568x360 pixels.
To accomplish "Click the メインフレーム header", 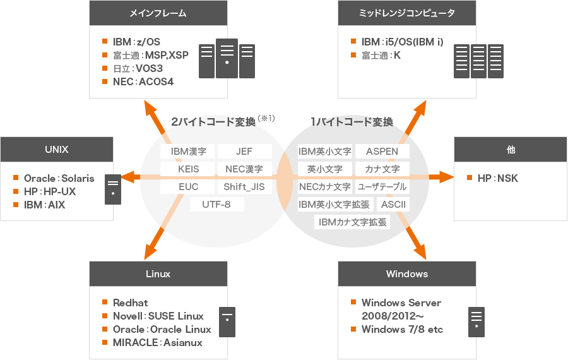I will tap(158, 13).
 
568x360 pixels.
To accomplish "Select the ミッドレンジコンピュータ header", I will tap(406, 13).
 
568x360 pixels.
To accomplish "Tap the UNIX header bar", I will tap(57, 150).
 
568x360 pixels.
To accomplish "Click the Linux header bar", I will tap(158, 274).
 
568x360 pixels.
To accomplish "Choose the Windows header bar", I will tap(406, 274).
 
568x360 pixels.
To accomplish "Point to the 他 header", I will tap(511, 150).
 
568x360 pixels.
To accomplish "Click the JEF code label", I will tap(244, 152).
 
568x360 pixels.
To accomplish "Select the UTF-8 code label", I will tap(216, 205).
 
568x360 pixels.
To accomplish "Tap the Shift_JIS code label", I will tap(244, 187).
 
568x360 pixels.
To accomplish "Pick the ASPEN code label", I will tap(382, 152).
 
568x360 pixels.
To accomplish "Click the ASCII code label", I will tap(393, 204).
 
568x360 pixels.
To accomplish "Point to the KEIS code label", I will tap(188, 169).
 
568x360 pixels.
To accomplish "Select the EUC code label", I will tap(188, 187).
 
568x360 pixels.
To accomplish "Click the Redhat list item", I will tap(130, 303).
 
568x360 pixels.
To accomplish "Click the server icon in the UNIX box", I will tap(113, 189).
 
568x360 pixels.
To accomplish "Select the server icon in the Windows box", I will tap(476, 321).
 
